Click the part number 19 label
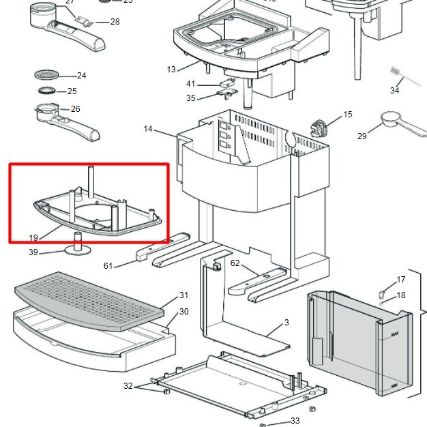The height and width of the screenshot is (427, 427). point(33,238)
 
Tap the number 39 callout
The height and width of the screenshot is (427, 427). point(33,252)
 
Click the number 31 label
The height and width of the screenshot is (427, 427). point(183,295)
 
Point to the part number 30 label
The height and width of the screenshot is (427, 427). point(183,312)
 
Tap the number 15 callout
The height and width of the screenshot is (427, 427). point(348,115)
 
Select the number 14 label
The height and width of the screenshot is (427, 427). point(149,128)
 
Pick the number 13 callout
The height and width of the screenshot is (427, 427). point(171,69)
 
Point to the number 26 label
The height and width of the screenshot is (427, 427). point(75,108)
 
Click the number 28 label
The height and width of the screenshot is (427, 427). point(115,22)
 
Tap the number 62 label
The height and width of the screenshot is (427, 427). point(235,263)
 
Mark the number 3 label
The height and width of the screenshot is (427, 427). point(286,322)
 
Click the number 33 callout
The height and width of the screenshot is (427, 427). point(295,421)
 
